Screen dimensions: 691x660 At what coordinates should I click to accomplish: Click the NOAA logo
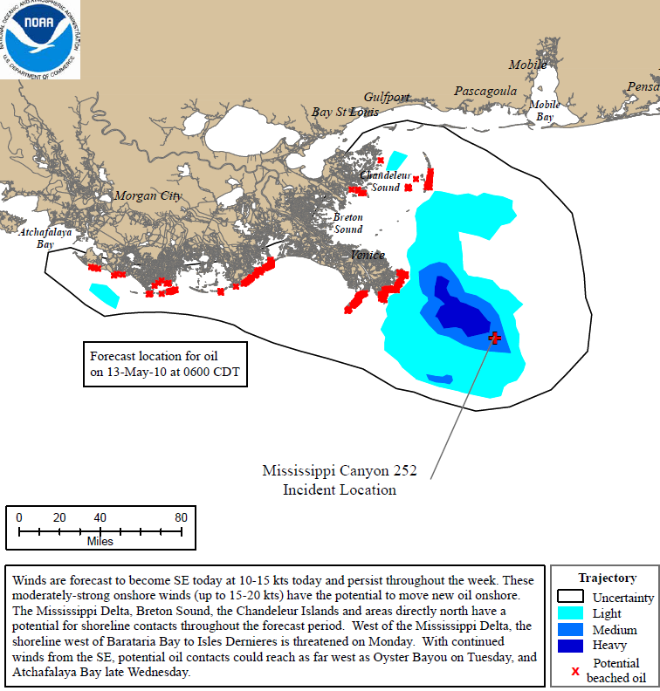[40, 39]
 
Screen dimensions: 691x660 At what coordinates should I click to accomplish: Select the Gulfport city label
[387, 97]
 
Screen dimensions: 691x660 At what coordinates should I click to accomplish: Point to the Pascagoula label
[485, 91]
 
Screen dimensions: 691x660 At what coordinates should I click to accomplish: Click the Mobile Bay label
[545, 111]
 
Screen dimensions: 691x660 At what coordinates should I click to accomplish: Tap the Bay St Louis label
[346, 112]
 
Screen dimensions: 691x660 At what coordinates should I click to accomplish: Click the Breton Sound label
[347, 222]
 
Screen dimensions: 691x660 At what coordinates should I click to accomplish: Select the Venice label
[367, 255]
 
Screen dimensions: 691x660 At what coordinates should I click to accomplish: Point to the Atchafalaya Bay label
[45, 238]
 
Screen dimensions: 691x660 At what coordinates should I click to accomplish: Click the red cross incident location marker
[496, 338]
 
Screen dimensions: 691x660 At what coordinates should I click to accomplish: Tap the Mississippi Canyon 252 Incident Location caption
[340, 480]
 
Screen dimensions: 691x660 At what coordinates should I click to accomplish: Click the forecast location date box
[165, 364]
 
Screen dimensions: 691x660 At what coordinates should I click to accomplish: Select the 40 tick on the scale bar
[100, 517]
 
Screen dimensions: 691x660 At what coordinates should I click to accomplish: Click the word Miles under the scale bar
[100, 542]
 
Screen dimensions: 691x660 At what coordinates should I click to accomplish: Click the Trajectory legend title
[607, 578]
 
